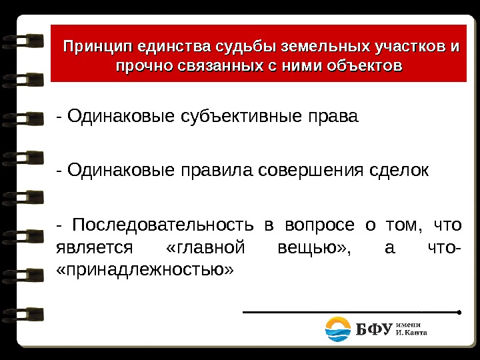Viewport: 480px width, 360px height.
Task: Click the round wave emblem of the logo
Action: point(339,329)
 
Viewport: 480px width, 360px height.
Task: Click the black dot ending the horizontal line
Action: point(461,311)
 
